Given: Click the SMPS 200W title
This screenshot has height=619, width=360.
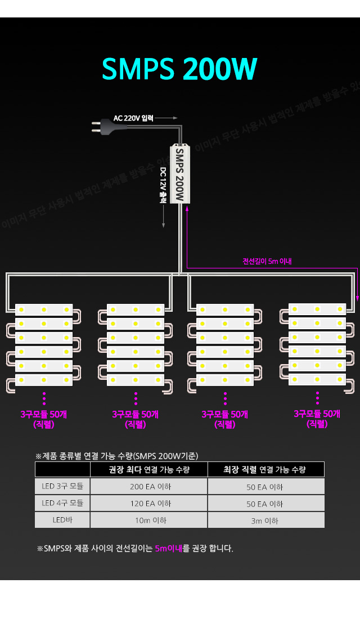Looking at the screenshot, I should coord(179,69).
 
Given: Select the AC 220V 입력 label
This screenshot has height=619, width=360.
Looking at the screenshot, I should coord(133,118).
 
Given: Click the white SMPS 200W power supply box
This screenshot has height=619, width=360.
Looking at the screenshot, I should coord(180,174).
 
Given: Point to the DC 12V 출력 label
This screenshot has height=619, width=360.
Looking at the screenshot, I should coord(163,184).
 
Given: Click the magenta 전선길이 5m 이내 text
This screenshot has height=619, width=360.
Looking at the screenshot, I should coord(267,261).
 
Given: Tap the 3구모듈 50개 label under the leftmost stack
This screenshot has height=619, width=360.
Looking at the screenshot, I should coord(43,414).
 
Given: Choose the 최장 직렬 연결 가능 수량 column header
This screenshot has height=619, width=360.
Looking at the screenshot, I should coord(265,469).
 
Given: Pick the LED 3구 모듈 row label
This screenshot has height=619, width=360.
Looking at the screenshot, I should coord(62,486).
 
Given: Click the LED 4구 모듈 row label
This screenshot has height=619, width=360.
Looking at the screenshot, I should coord(62,503).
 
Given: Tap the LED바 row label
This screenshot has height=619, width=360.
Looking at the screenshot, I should coord(62,520).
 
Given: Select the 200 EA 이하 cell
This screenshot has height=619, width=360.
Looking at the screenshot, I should coord(150,487).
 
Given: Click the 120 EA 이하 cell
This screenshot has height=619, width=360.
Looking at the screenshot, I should coord(150,504).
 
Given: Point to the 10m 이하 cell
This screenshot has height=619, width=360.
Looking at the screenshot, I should coord(150,521).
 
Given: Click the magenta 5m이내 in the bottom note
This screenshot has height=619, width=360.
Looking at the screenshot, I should coord(169,548).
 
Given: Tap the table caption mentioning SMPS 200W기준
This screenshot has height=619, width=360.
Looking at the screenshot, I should coord(116,456).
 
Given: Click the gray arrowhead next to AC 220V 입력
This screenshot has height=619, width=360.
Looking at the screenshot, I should coord(175,118).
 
